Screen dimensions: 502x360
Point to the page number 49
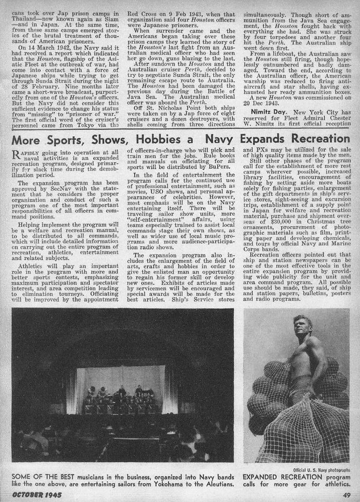[346, 494]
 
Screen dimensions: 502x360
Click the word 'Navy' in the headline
[228, 139]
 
